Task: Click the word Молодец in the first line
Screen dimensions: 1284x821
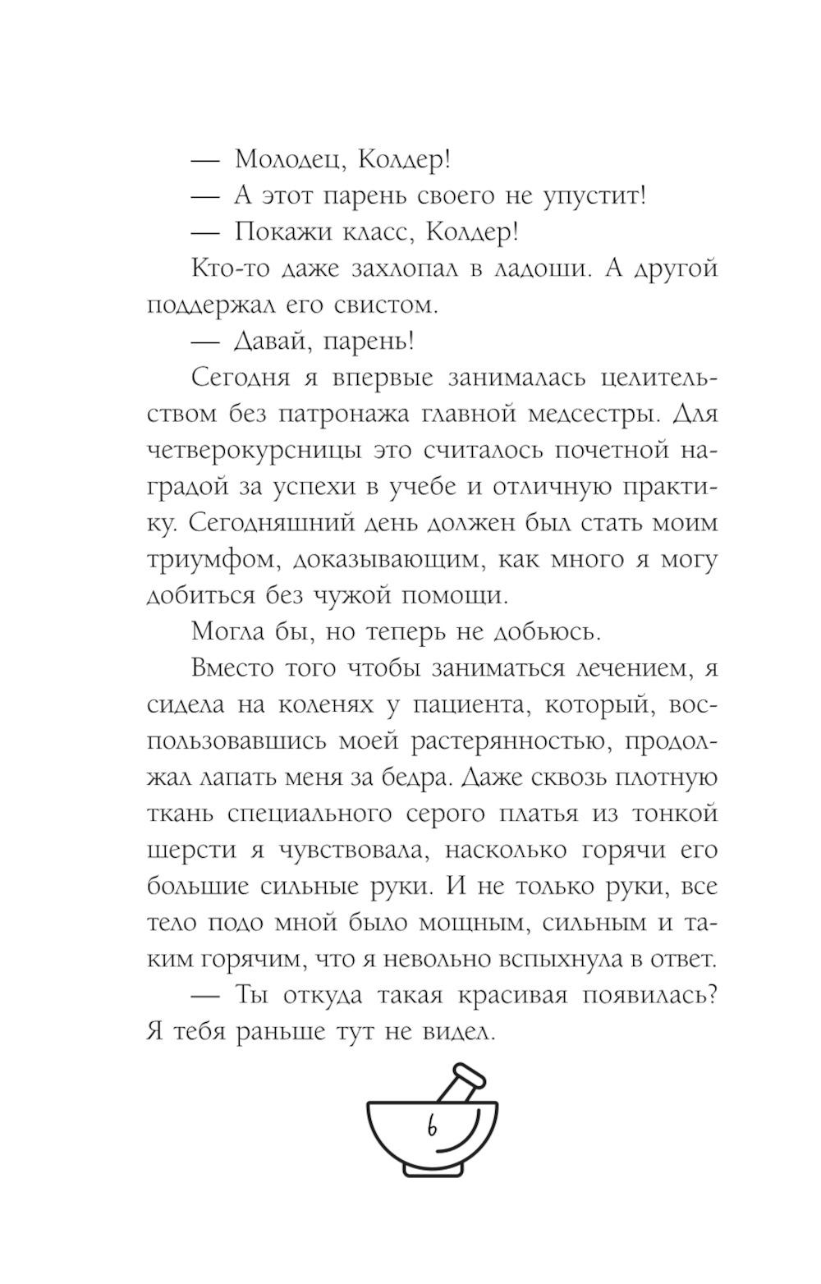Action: [282, 159]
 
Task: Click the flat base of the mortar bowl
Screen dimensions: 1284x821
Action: [432, 1170]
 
